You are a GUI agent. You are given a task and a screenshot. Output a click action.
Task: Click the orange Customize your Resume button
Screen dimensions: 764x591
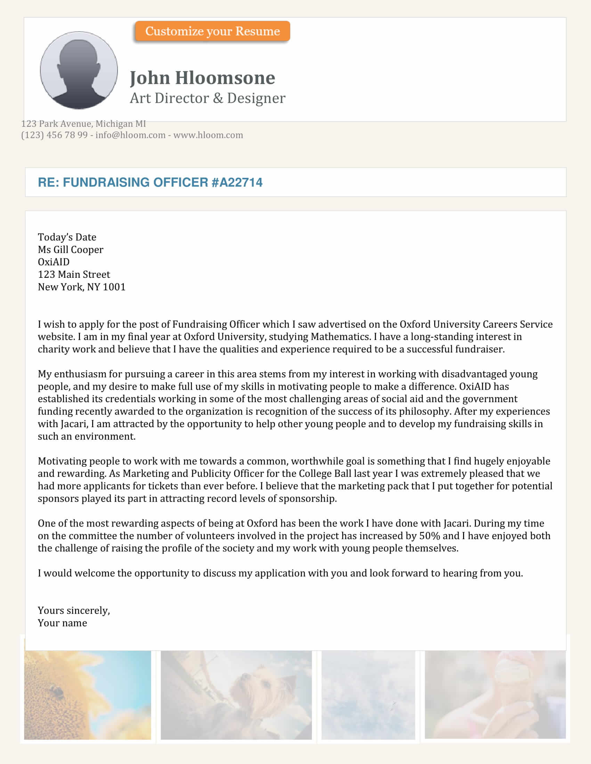[x=212, y=31]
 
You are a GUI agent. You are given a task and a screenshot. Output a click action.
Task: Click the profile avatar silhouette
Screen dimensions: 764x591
[x=79, y=70]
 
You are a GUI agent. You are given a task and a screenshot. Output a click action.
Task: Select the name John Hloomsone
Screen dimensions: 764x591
[x=202, y=78]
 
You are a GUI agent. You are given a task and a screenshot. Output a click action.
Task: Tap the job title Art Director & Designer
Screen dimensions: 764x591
[x=207, y=98]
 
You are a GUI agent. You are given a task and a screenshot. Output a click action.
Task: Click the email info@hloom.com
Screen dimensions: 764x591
[x=130, y=135]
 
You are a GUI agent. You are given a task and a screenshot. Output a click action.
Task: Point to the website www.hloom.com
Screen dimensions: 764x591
[x=208, y=135]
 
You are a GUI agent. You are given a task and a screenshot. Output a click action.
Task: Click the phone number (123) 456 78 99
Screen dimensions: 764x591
[x=54, y=135]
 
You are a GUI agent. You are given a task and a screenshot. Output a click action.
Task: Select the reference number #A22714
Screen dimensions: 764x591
[x=237, y=182]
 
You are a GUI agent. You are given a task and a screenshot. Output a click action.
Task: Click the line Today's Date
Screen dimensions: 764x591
[x=67, y=237]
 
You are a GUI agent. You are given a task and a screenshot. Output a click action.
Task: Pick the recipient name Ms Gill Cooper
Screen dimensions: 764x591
[x=70, y=249]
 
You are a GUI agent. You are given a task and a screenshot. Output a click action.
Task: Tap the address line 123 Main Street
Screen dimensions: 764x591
[x=73, y=274]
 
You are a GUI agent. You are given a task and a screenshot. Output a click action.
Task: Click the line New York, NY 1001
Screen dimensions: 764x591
[x=81, y=287]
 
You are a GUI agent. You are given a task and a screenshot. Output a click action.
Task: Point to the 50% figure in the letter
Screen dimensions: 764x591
[x=429, y=535]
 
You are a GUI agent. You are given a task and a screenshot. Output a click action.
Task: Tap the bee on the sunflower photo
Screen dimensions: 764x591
[x=56, y=690]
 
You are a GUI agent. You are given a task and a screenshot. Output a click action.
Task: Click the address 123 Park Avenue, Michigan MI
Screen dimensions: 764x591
[x=83, y=124]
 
